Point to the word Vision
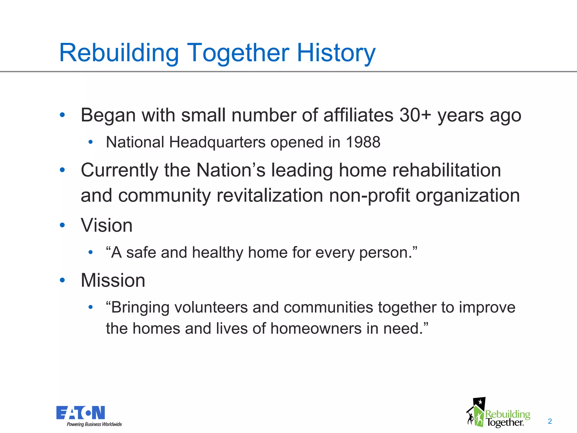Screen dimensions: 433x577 (x=106, y=225)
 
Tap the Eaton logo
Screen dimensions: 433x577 (x=81, y=413)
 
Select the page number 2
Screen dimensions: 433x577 (x=550, y=421)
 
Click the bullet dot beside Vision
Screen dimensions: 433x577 (x=62, y=225)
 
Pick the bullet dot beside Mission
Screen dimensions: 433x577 (x=62, y=280)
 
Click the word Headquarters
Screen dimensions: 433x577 (x=217, y=142)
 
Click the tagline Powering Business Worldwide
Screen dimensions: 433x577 (x=94, y=425)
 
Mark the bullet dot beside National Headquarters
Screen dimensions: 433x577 (x=90, y=142)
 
